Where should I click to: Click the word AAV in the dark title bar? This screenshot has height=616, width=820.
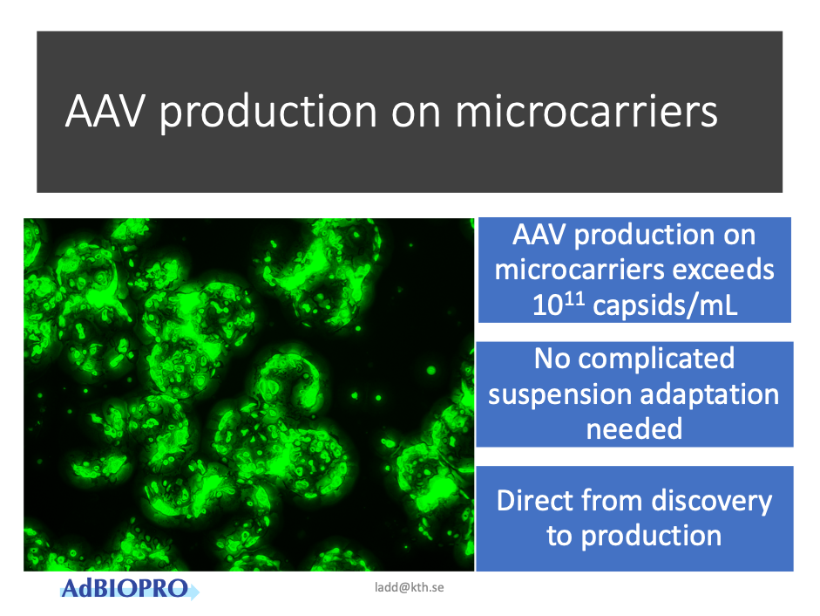105,111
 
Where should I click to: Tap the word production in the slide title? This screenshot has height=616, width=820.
268,113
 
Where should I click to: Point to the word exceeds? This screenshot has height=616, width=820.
722,270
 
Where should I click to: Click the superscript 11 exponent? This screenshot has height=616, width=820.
573,298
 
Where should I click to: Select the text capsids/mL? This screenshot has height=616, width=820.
665,305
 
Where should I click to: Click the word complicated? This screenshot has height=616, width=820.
656,359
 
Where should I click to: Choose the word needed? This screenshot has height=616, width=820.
634,429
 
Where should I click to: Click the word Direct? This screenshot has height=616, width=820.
534,500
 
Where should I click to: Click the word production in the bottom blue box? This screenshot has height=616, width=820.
651,537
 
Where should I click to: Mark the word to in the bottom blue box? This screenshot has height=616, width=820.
559,537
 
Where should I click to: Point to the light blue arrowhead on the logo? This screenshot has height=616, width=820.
193,592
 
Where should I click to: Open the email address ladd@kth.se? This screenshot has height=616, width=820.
410,587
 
